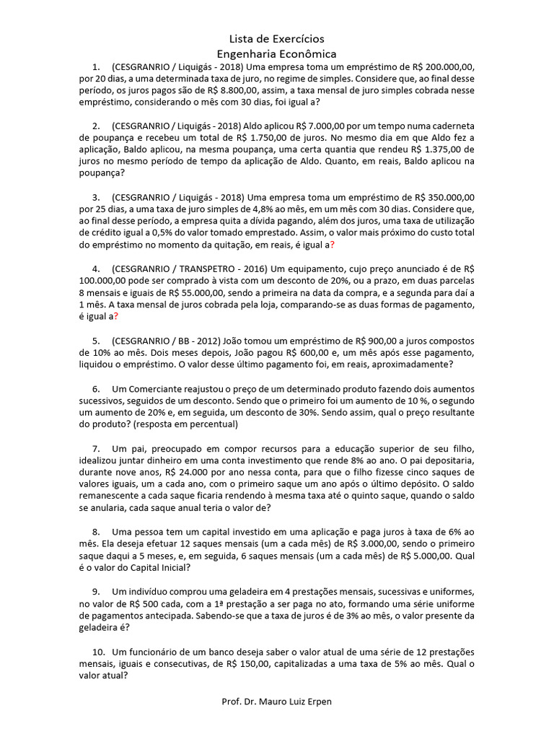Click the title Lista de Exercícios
(277, 38)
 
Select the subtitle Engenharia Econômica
(277, 53)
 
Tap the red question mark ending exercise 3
(332, 245)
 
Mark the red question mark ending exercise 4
(115, 316)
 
